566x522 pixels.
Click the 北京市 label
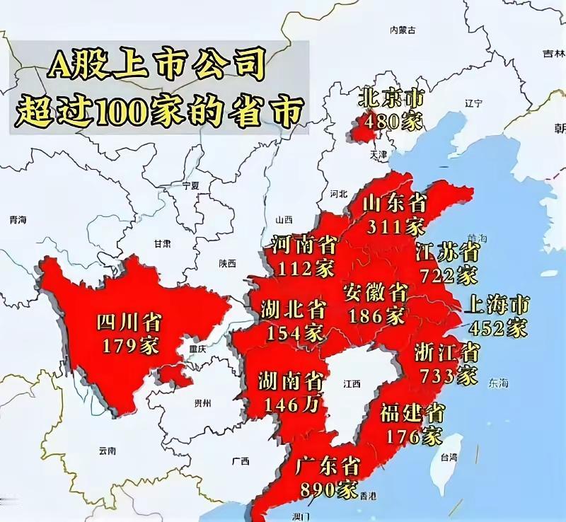point(391,97)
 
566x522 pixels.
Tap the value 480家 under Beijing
point(391,121)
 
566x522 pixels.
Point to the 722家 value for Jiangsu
point(448,274)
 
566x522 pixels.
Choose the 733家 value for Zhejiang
point(448,375)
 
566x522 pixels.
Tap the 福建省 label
point(412,412)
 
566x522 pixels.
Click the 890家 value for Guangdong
point(329,489)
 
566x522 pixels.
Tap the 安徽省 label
point(375,291)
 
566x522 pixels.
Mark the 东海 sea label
point(497,383)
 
